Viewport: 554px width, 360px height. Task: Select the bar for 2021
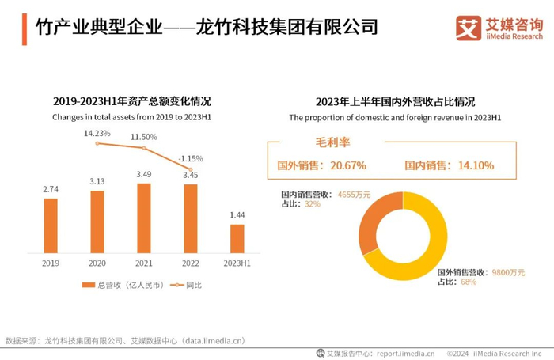(x=143, y=218)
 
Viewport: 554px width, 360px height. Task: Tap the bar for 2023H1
(x=237, y=237)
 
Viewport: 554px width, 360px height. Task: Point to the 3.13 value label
(x=97, y=181)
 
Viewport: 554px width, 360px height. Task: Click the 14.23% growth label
(x=97, y=133)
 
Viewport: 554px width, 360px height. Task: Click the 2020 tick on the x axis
(x=97, y=263)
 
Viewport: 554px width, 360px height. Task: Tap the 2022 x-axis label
(x=190, y=263)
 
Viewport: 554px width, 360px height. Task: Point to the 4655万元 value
(x=354, y=194)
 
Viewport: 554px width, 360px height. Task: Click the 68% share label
(x=469, y=282)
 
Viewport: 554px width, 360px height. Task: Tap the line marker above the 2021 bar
(x=143, y=148)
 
